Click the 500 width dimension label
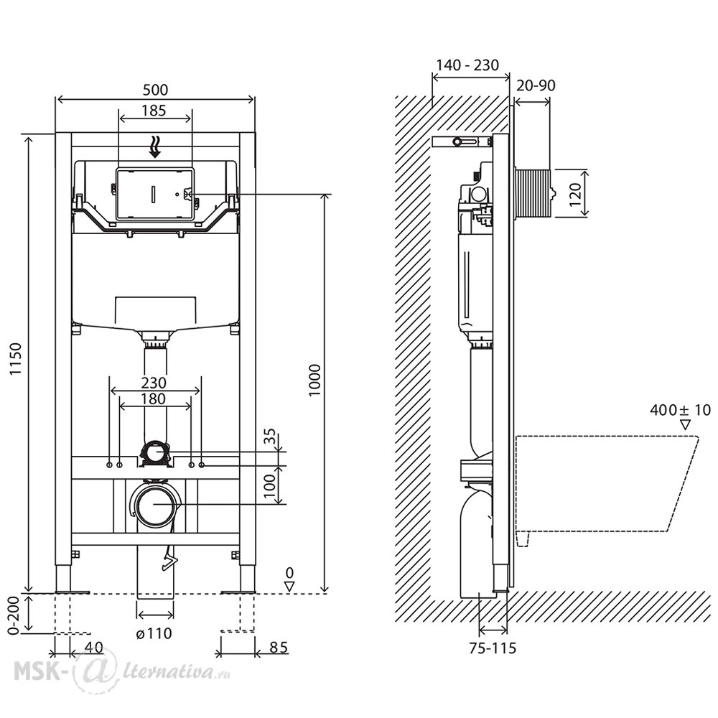(x=155, y=90)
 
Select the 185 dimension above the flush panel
(x=154, y=111)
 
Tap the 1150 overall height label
(x=16, y=359)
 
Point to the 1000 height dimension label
(x=314, y=381)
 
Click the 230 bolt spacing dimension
(x=154, y=383)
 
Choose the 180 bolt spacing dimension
(x=153, y=398)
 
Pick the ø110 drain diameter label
(x=154, y=634)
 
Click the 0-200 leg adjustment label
(x=14, y=616)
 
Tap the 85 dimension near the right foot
(x=279, y=647)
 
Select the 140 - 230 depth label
(x=467, y=65)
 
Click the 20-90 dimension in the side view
(x=536, y=85)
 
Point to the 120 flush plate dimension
(x=576, y=194)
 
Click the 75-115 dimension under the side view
(x=493, y=648)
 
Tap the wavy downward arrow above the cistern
(x=156, y=146)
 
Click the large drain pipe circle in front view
(x=156, y=504)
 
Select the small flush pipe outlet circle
(x=156, y=453)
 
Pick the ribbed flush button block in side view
(x=534, y=193)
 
